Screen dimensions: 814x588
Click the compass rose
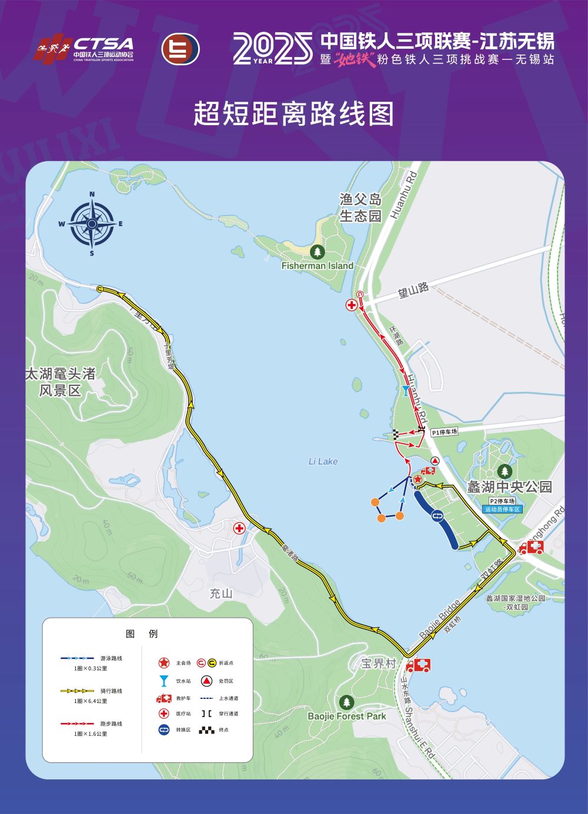tap(92, 223)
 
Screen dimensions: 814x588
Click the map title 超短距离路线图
tap(293, 113)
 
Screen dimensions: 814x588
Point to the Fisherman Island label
tap(317, 265)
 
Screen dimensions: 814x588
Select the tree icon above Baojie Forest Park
tap(347, 702)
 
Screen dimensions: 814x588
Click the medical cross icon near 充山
tap(239, 528)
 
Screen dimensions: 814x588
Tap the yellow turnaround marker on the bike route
tap(100, 288)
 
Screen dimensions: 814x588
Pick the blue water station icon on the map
tap(405, 391)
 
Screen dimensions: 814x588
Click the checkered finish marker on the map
tap(396, 435)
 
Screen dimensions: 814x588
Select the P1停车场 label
tap(444, 432)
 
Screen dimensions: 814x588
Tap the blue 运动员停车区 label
tap(503, 509)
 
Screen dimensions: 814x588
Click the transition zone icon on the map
tap(437, 516)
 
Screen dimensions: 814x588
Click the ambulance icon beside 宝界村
tap(418, 665)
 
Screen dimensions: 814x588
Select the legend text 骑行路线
tap(111, 691)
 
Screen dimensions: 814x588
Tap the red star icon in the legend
tap(163, 662)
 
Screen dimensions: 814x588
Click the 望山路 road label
tap(413, 289)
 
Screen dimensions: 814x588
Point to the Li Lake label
tap(323, 462)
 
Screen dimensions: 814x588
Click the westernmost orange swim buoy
tap(375, 502)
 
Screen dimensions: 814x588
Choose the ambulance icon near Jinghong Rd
tap(531, 549)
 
